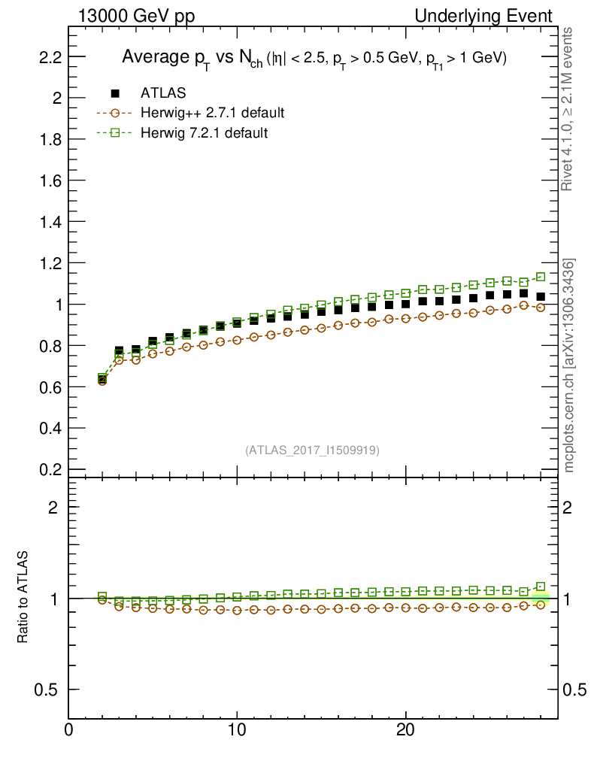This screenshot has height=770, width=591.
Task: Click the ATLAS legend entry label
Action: [163, 93]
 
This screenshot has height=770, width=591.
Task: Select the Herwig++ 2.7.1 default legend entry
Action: [211, 114]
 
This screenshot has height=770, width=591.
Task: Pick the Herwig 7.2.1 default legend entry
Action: [204, 133]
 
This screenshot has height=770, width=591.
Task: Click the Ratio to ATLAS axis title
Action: [24, 599]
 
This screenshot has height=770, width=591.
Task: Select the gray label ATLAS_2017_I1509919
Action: [312, 450]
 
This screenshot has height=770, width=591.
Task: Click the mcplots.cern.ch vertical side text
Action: [569, 365]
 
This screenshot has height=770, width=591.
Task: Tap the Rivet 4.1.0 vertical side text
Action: [569, 109]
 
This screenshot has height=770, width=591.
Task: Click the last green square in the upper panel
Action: [541, 277]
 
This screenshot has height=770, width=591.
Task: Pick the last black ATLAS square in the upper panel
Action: [541, 296]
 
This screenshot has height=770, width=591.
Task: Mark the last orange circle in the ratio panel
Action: [541, 605]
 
